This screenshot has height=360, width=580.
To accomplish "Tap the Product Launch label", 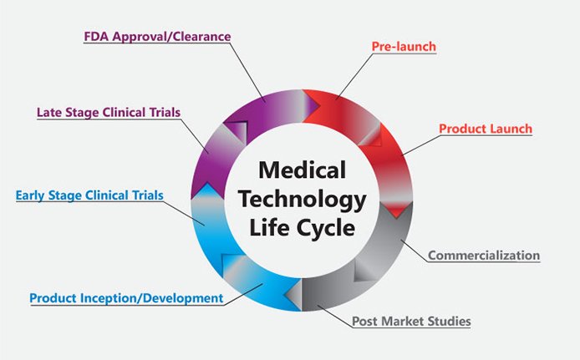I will [x=485, y=129].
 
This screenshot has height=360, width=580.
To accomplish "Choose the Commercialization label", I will [x=484, y=255].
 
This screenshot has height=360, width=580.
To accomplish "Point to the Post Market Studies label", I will [x=410, y=321].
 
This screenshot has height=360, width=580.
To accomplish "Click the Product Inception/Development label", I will [x=126, y=297].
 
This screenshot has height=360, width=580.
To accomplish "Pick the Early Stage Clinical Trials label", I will [x=89, y=196].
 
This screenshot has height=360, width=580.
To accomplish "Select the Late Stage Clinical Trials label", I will [x=108, y=111].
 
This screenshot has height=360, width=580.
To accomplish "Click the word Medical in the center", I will [x=302, y=170].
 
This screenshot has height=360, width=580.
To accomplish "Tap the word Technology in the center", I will [x=302, y=200].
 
